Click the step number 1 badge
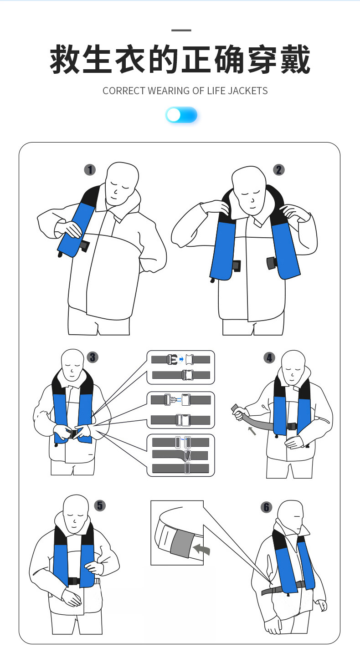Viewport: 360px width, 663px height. click(x=90, y=170)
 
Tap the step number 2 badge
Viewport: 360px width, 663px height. click(x=278, y=170)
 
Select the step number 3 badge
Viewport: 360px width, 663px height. click(x=93, y=357)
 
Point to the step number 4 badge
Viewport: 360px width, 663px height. click(x=269, y=357)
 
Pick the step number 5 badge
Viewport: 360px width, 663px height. click(x=100, y=505)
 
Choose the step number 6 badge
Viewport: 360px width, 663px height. click(x=267, y=507)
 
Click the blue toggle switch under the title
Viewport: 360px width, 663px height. click(x=181, y=115)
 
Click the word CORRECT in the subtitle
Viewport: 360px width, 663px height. click(x=123, y=91)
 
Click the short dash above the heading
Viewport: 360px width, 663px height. click(x=181, y=31)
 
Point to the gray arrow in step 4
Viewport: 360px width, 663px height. click(x=251, y=430)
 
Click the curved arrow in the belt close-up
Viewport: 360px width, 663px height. click(x=201, y=549)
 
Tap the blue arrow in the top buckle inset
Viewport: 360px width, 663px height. click(x=181, y=360)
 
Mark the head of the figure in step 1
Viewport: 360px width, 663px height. click(x=121, y=182)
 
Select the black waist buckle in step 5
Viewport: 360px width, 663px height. click(x=73, y=581)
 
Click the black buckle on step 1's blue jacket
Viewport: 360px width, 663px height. click(x=84, y=246)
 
